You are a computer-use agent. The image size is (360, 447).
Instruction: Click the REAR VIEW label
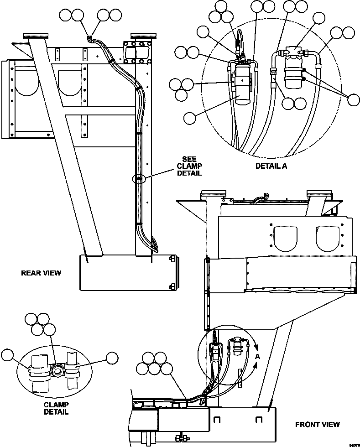point(41,273)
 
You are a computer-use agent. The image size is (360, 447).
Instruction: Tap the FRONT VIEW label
point(317,424)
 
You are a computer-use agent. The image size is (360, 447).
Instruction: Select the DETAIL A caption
point(271,166)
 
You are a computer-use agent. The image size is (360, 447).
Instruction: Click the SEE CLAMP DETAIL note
point(188,166)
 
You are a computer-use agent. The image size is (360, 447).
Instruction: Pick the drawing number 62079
point(352,443)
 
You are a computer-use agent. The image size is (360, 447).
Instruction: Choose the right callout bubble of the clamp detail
point(112,359)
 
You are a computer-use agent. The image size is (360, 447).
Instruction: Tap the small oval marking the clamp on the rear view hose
point(139,179)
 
